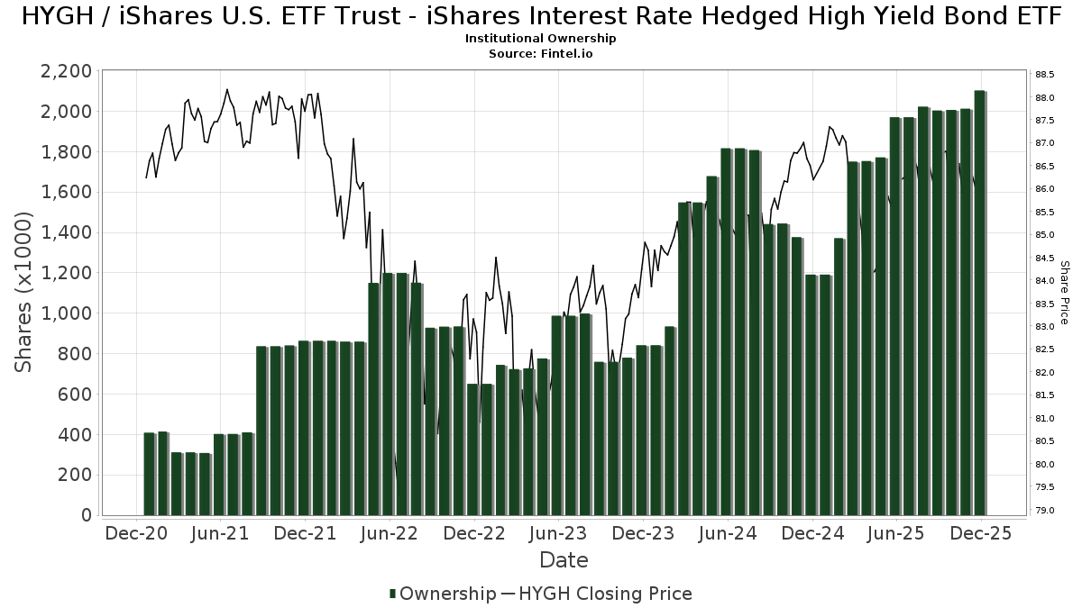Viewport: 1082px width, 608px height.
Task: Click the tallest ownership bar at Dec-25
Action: pyautogui.click(x=979, y=303)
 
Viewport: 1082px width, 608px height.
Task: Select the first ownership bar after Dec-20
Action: pyautogui.click(x=149, y=474)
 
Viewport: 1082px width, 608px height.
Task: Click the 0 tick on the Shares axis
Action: pyautogui.click(x=86, y=515)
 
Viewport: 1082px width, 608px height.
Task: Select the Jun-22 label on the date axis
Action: pyautogui.click(x=390, y=533)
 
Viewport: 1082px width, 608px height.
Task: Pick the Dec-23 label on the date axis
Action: pyautogui.click(x=643, y=533)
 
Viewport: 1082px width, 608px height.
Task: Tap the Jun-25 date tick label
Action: pyautogui.click(x=896, y=533)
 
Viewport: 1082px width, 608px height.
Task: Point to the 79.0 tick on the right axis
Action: pyautogui.click(x=1045, y=511)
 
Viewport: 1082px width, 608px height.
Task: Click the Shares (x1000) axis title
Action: pyautogui.click(x=23, y=292)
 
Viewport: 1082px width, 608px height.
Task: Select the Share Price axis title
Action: pyautogui.click(x=1064, y=292)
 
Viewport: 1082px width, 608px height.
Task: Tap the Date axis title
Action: pyautogui.click(x=564, y=560)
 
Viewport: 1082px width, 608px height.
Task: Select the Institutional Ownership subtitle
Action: pyautogui.click(x=541, y=39)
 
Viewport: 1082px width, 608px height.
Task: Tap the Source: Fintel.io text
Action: pyautogui.click(x=541, y=54)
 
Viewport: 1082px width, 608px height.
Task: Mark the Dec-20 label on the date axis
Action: pyautogui.click(x=136, y=533)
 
